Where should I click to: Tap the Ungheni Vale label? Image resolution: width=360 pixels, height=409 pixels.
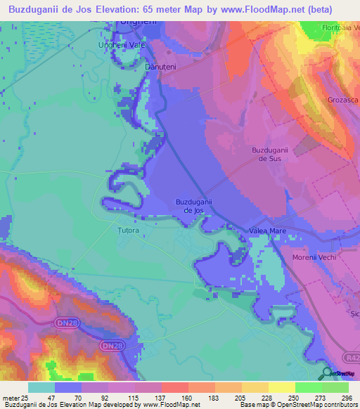pyautogui.click(x=121, y=44)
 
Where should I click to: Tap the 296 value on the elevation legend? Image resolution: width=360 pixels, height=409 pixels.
pyautogui.click(x=347, y=398)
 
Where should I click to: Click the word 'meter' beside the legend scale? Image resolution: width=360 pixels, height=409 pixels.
pyautogui.click(x=11, y=398)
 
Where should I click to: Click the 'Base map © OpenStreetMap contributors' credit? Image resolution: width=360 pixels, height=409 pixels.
pyautogui.click(x=298, y=405)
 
